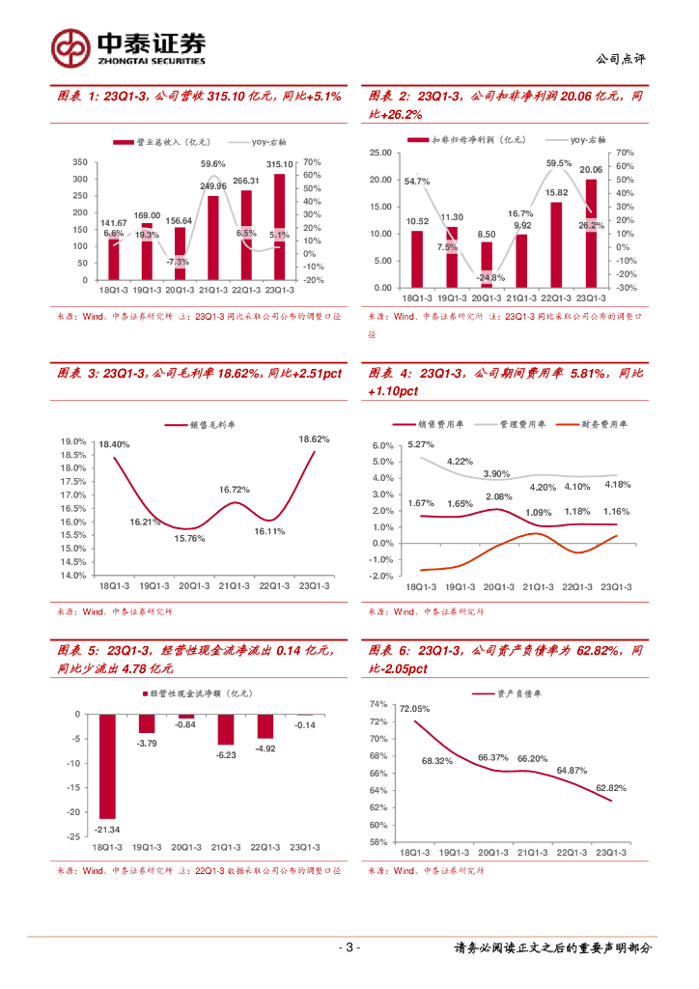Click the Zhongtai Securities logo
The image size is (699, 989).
(x=128, y=46)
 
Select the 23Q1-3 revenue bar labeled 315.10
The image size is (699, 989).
(x=279, y=227)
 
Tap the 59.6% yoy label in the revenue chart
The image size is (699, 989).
(x=213, y=164)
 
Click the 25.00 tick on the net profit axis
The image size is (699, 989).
(x=380, y=153)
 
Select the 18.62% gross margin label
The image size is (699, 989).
(x=314, y=439)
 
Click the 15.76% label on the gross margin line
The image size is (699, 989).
(x=189, y=539)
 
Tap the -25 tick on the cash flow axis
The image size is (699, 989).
(x=74, y=836)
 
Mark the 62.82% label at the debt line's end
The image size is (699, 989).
(x=612, y=788)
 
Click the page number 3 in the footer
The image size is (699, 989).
(x=350, y=947)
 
